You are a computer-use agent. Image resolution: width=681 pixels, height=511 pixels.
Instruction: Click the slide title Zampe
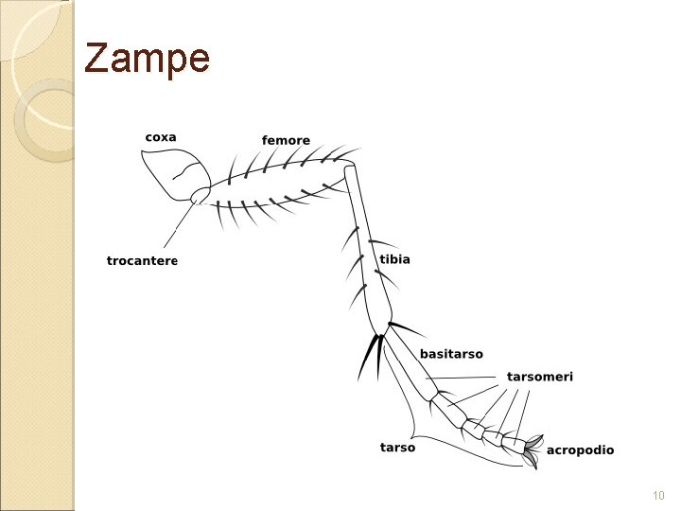point(147,59)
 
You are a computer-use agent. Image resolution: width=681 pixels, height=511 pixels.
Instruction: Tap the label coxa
point(161,137)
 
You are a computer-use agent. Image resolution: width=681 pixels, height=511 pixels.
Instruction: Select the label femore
point(286,141)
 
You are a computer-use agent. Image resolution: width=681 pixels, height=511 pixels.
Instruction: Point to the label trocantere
point(142,261)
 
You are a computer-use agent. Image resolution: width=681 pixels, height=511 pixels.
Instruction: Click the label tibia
point(394,259)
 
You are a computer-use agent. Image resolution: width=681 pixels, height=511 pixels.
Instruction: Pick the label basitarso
point(451,354)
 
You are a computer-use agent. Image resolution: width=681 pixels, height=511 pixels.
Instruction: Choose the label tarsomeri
point(539,377)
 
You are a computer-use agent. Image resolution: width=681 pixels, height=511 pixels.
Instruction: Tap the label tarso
point(397,448)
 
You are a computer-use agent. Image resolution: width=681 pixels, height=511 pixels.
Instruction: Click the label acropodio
point(580,450)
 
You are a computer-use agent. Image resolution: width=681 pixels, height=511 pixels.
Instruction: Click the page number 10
point(658,496)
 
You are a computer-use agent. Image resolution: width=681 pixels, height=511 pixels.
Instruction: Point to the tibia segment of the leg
point(368,255)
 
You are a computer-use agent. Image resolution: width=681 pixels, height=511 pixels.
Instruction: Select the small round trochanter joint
point(201,196)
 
